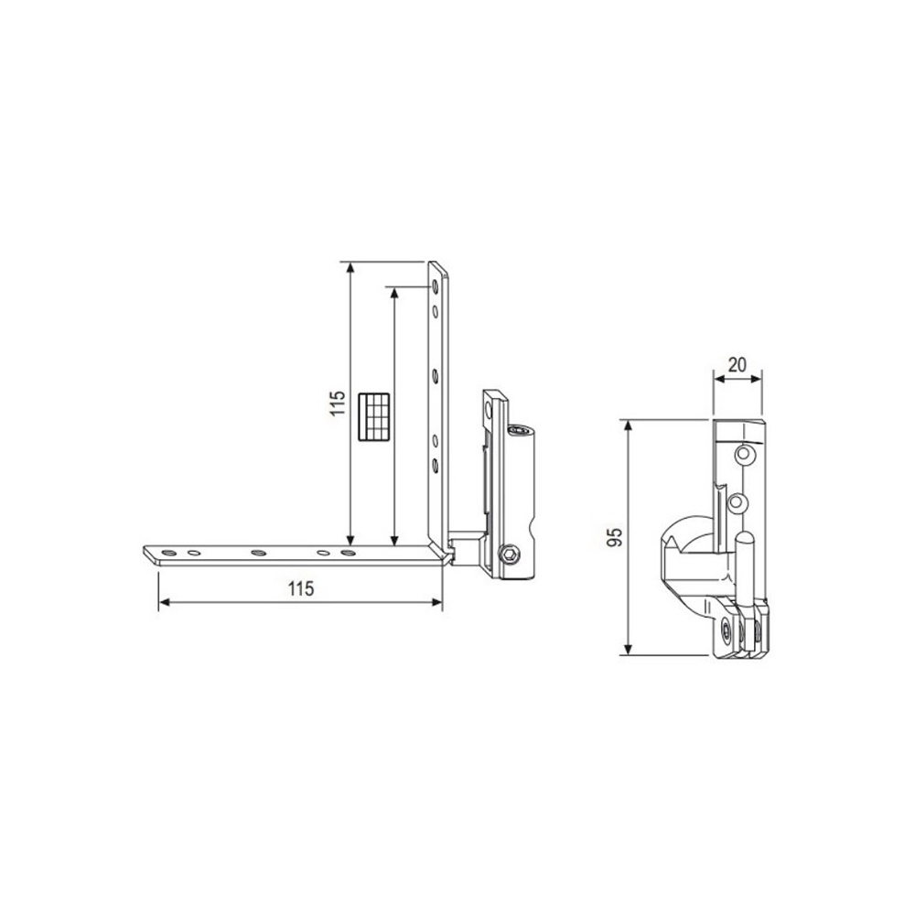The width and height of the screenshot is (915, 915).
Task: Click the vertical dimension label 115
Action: click(337, 404)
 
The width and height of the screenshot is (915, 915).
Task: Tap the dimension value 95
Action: click(615, 537)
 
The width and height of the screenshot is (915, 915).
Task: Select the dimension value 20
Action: click(737, 363)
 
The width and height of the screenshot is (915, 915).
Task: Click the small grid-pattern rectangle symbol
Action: click(374, 416)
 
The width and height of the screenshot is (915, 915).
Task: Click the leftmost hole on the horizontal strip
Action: click(169, 553)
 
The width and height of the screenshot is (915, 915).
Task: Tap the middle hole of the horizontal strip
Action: click(259, 553)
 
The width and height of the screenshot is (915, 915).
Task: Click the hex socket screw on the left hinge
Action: click(509, 554)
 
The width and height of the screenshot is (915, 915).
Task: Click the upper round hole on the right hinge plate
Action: click(748, 454)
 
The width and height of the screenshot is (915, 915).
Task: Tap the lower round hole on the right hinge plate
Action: click(734, 501)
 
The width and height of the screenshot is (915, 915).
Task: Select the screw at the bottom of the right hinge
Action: click(726, 630)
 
